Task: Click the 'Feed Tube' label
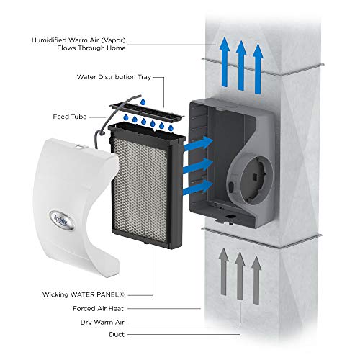(70, 117)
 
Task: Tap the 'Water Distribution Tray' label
(114, 77)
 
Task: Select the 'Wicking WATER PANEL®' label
(84, 294)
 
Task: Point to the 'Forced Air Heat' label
(98, 308)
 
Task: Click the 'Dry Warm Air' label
(102, 322)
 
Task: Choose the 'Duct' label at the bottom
(117, 334)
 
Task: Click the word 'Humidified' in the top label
(48, 40)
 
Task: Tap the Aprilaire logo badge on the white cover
(62, 220)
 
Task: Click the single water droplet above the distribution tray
(143, 102)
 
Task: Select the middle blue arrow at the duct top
(241, 66)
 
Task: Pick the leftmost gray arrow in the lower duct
(224, 271)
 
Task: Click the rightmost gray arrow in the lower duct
(256, 281)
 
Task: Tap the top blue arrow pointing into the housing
(198, 144)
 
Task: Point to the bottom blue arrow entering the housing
(198, 186)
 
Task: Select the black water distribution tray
(147, 111)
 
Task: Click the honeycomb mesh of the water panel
(140, 189)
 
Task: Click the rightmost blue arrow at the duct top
(258, 69)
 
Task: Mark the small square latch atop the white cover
(80, 146)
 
